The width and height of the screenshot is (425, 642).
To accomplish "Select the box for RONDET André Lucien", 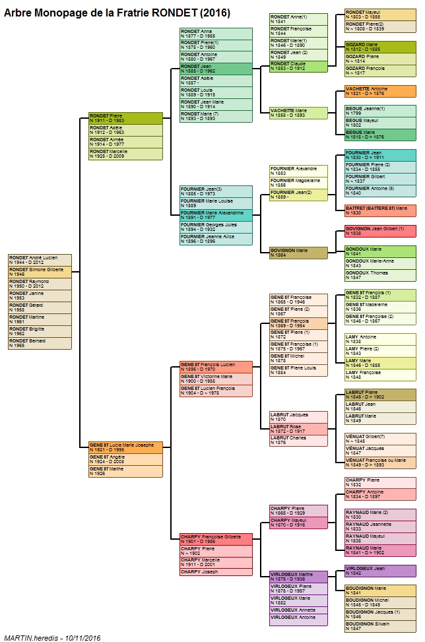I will point(40,260).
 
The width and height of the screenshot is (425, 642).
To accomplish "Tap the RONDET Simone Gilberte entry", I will point(40,272).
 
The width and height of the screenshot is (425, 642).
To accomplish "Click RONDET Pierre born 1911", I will point(125,118).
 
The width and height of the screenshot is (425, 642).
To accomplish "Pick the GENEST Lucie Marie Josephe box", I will point(125,447).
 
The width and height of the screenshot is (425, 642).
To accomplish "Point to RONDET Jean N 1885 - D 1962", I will point(216,69).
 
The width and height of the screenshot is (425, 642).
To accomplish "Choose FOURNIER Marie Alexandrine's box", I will point(216,215).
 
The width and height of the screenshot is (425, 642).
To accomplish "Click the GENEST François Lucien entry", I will point(216,367).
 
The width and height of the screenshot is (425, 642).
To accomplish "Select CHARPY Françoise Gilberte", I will point(216,539).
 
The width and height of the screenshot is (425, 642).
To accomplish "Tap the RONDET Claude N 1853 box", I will point(298,66).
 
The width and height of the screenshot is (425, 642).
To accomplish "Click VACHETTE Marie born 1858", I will point(298,113).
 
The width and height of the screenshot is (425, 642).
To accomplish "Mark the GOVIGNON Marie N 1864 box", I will point(298,253).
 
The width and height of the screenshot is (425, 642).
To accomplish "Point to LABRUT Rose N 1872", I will point(298,429).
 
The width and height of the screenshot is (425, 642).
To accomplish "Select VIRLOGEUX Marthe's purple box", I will point(298,577).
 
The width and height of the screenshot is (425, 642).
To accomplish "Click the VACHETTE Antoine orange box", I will point(380,91).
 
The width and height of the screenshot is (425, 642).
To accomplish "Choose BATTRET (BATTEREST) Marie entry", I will point(380,210).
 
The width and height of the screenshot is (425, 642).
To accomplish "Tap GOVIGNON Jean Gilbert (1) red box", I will point(380,231).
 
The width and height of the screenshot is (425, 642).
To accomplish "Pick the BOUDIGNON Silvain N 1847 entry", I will point(380,626).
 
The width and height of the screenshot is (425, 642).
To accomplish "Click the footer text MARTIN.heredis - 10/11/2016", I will point(52,637).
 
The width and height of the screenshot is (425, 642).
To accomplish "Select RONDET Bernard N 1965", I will point(40,343).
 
